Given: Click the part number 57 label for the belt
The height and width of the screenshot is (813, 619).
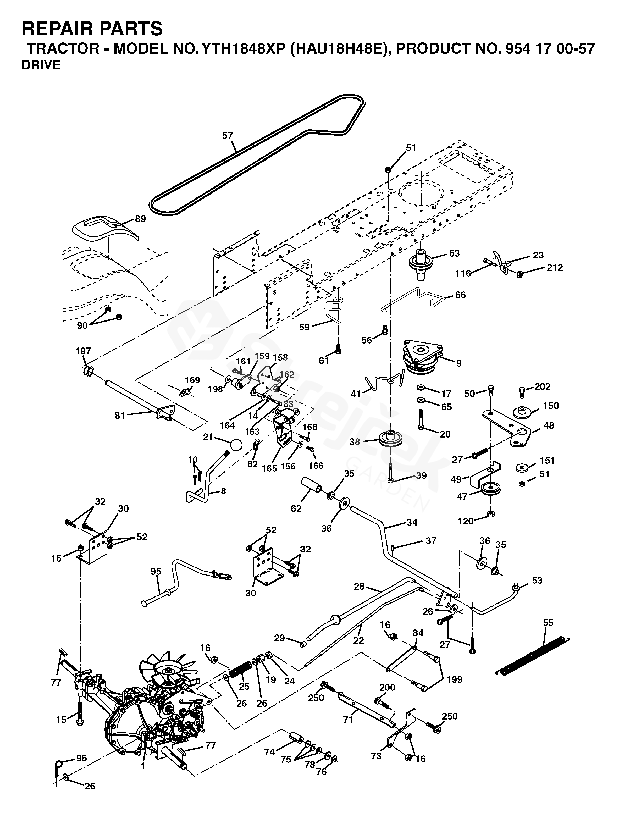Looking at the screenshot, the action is pyautogui.click(x=228, y=136).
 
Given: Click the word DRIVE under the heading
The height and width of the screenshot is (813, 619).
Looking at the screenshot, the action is pyautogui.click(x=41, y=65).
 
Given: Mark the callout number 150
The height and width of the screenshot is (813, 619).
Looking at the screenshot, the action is pyautogui.click(x=551, y=406).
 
